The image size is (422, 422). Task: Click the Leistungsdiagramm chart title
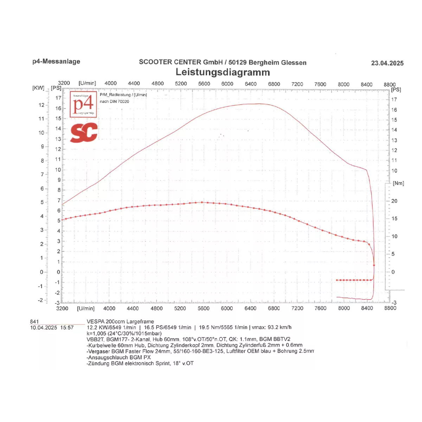[x=223, y=72]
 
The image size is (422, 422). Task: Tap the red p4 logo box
[x=83, y=104]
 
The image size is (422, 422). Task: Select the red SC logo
[x=84, y=133]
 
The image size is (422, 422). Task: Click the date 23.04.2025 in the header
[x=387, y=63]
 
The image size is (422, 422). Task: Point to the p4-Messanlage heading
[x=56, y=62]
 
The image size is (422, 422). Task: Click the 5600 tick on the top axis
[x=204, y=84]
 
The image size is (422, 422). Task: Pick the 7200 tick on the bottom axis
[x=297, y=308]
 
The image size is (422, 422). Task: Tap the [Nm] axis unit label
[x=398, y=183]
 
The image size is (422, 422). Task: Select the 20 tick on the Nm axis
[x=394, y=201]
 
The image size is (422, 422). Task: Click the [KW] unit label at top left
[x=38, y=88]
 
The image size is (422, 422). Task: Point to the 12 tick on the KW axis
[x=41, y=105]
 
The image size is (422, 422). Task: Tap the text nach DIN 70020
[x=114, y=102]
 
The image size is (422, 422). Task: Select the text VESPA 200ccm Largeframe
[x=120, y=321]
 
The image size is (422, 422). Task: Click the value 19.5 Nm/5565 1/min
[x=223, y=327]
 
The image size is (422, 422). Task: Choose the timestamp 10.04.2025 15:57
[x=52, y=328]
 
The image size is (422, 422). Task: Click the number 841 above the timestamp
[x=34, y=321]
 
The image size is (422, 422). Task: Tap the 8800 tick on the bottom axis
[x=390, y=308]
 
